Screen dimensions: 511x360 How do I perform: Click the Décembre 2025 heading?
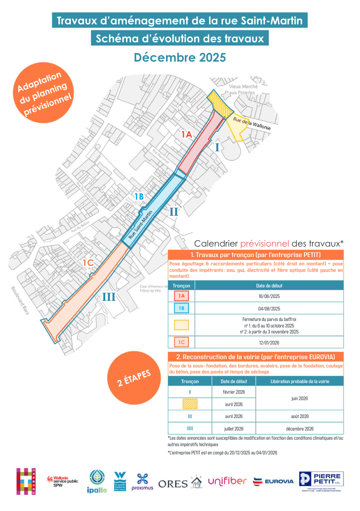180,57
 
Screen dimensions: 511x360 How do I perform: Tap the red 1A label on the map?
186,134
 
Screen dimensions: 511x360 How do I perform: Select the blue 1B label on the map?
139,196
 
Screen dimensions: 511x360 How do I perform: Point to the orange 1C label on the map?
88,263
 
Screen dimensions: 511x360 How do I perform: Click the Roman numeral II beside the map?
174,212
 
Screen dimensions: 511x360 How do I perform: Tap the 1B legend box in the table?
182,309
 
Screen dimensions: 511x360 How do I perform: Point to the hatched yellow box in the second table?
190,404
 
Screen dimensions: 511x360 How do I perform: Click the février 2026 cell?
234,392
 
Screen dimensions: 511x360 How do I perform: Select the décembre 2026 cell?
299,429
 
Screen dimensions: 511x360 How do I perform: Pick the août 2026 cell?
299,416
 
